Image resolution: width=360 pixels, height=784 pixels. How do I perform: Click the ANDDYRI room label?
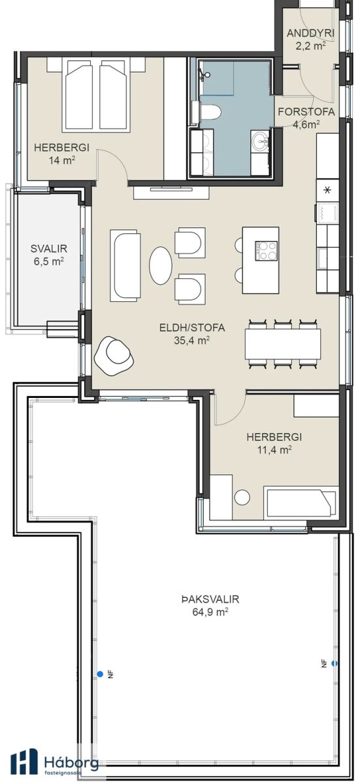tap(310, 33)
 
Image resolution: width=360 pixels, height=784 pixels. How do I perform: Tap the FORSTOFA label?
tap(306, 112)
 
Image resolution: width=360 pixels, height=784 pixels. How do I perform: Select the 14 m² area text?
tap(63, 161)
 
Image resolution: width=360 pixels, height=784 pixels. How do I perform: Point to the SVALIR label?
tap(48, 249)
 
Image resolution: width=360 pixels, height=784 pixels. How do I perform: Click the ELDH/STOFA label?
tap(192, 328)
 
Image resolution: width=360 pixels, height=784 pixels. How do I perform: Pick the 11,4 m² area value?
tap(274, 449)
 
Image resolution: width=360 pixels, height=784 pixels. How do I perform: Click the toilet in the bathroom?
tap(210, 112)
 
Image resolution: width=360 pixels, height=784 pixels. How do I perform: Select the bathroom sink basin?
tap(260, 141)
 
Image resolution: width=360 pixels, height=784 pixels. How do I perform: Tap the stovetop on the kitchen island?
tap(266, 251)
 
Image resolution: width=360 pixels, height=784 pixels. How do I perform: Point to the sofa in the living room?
tap(125, 265)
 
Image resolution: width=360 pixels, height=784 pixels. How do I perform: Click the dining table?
tap(284, 344)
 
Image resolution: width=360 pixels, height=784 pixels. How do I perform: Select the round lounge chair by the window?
tap(114, 357)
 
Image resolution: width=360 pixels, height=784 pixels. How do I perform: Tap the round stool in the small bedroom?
tap(242, 497)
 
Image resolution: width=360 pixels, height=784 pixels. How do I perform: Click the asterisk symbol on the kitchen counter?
tap(327, 191)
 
